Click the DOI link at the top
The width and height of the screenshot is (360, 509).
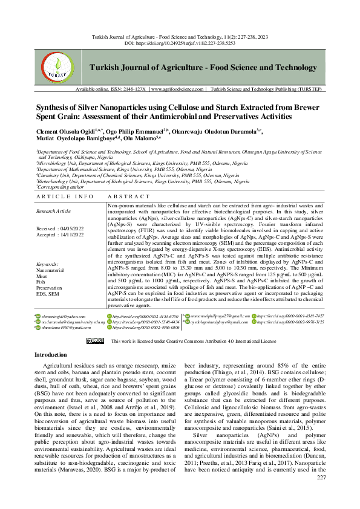tap(193, 44)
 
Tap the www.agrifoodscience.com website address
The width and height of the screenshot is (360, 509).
tap(177, 89)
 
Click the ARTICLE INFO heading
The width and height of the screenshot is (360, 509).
tap(64, 197)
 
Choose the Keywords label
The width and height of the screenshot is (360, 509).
tap(47, 265)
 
